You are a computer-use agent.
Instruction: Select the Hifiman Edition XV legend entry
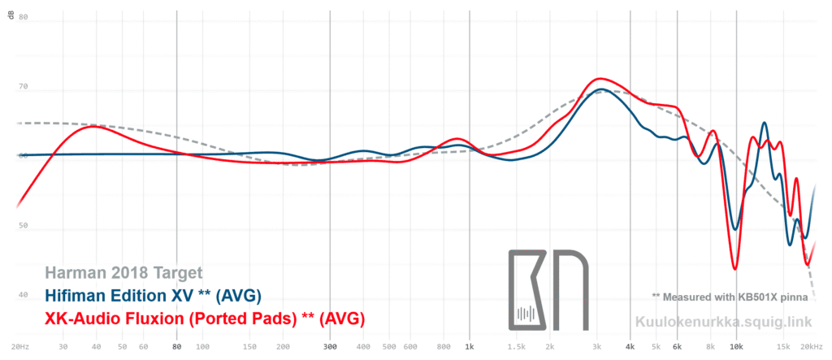pyautogui.click(x=153, y=295)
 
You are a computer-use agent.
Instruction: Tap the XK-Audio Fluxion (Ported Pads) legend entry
pyautogui.click(x=204, y=317)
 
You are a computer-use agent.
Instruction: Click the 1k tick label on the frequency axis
pyautogui.click(x=470, y=347)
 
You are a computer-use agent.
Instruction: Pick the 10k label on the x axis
pyautogui.click(x=736, y=347)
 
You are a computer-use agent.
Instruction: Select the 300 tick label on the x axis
pyautogui.click(x=329, y=347)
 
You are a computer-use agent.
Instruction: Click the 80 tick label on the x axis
pyautogui.click(x=176, y=347)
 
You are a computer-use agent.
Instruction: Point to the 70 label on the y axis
pyautogui.click(x=23, y=86)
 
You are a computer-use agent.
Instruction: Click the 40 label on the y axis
pyautogui.click(x=23, y=296)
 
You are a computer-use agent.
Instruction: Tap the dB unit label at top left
pyautogui.click(x=11, y=16)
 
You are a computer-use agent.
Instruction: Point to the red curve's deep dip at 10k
pyautogui.click(x=735, y=268)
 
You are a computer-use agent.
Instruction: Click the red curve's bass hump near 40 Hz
pyautogui.click(x=93, y=126)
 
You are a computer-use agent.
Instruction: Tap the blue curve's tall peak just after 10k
pyautogui.click(x=764, y=123)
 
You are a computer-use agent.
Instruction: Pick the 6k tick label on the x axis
pyautogui.click(x=676, y=347)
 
